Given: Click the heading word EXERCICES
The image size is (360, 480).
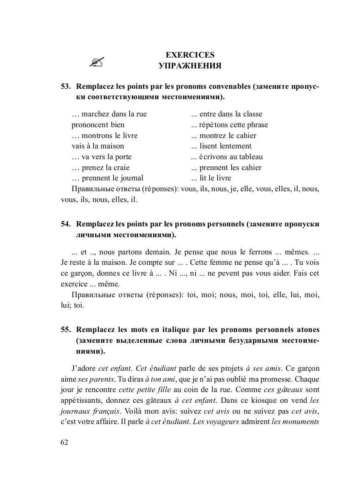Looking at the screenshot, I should tap(190, 55).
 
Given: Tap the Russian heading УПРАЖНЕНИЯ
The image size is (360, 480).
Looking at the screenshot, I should tap(190, 66).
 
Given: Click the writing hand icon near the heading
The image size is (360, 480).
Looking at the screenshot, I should tap(97, 62).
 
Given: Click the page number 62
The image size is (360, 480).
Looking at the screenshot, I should tap(64, 442).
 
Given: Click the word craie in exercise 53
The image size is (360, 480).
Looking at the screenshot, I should tap(120, 168).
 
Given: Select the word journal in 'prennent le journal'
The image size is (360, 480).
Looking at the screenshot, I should tap(130, 178).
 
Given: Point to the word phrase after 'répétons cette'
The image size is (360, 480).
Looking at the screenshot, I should tap(255, 125).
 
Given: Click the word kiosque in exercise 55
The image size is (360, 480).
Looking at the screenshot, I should tap(268, 400).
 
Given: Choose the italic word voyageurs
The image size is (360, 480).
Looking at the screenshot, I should tap(222, 422).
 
